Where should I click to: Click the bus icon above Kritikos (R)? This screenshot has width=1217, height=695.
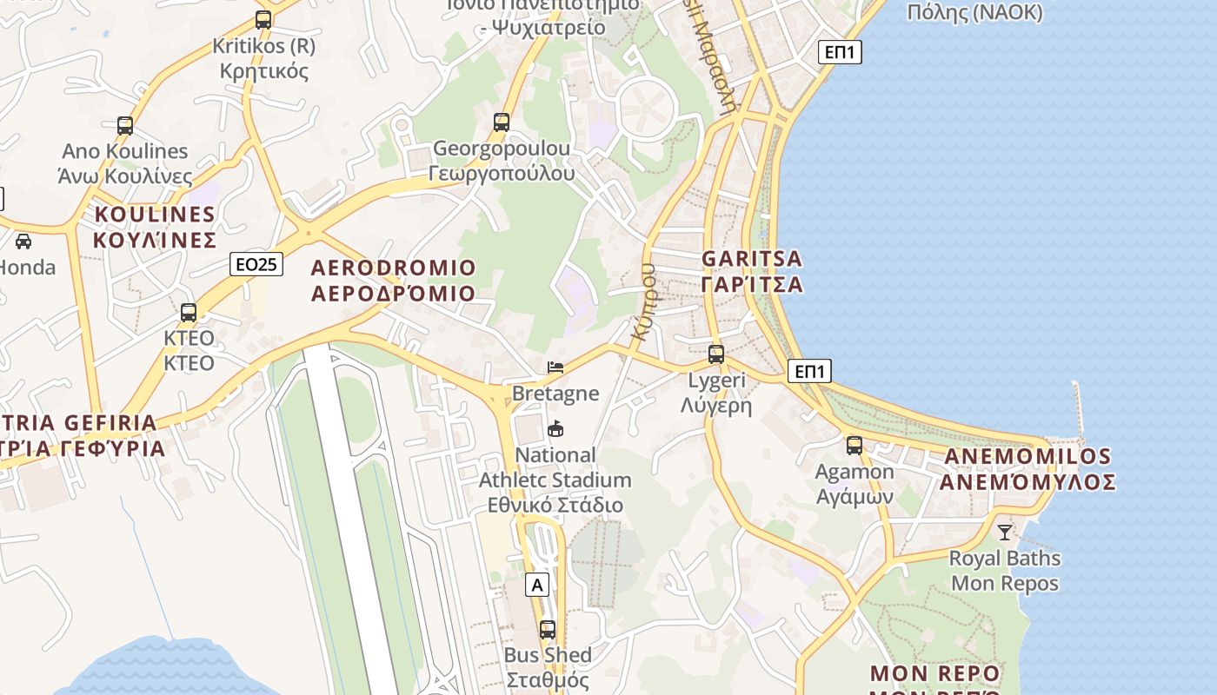click(263, 19)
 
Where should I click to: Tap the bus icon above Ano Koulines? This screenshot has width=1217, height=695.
click(124, 125)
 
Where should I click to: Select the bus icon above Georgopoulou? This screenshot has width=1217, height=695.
click(502, 122)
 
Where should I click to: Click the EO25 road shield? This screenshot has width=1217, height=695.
click(256, 264)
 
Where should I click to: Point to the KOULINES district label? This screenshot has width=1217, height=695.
click(155, 227)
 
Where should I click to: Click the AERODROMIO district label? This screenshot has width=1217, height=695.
click(393, 280)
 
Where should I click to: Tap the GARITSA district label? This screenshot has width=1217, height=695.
click(752, 271)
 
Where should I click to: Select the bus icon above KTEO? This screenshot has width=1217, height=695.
click(189, 313)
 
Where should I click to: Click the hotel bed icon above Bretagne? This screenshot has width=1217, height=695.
click(555, 367)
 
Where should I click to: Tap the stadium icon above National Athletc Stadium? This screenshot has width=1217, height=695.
click(555, 429)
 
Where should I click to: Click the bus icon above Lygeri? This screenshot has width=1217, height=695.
click(715, 354)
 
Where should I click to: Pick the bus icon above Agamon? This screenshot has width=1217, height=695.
click(855, 446)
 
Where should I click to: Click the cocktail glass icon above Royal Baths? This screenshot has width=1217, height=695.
click(1005, 532)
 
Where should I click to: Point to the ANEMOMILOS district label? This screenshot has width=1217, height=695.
click(1029, 469)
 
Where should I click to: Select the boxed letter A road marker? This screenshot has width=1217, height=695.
click(538, 585)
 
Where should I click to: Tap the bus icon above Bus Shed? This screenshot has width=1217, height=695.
click(548, 630)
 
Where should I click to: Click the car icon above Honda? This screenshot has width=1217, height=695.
click(23, 242)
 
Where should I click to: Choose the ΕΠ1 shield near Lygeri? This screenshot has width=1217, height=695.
click(809, 372)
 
